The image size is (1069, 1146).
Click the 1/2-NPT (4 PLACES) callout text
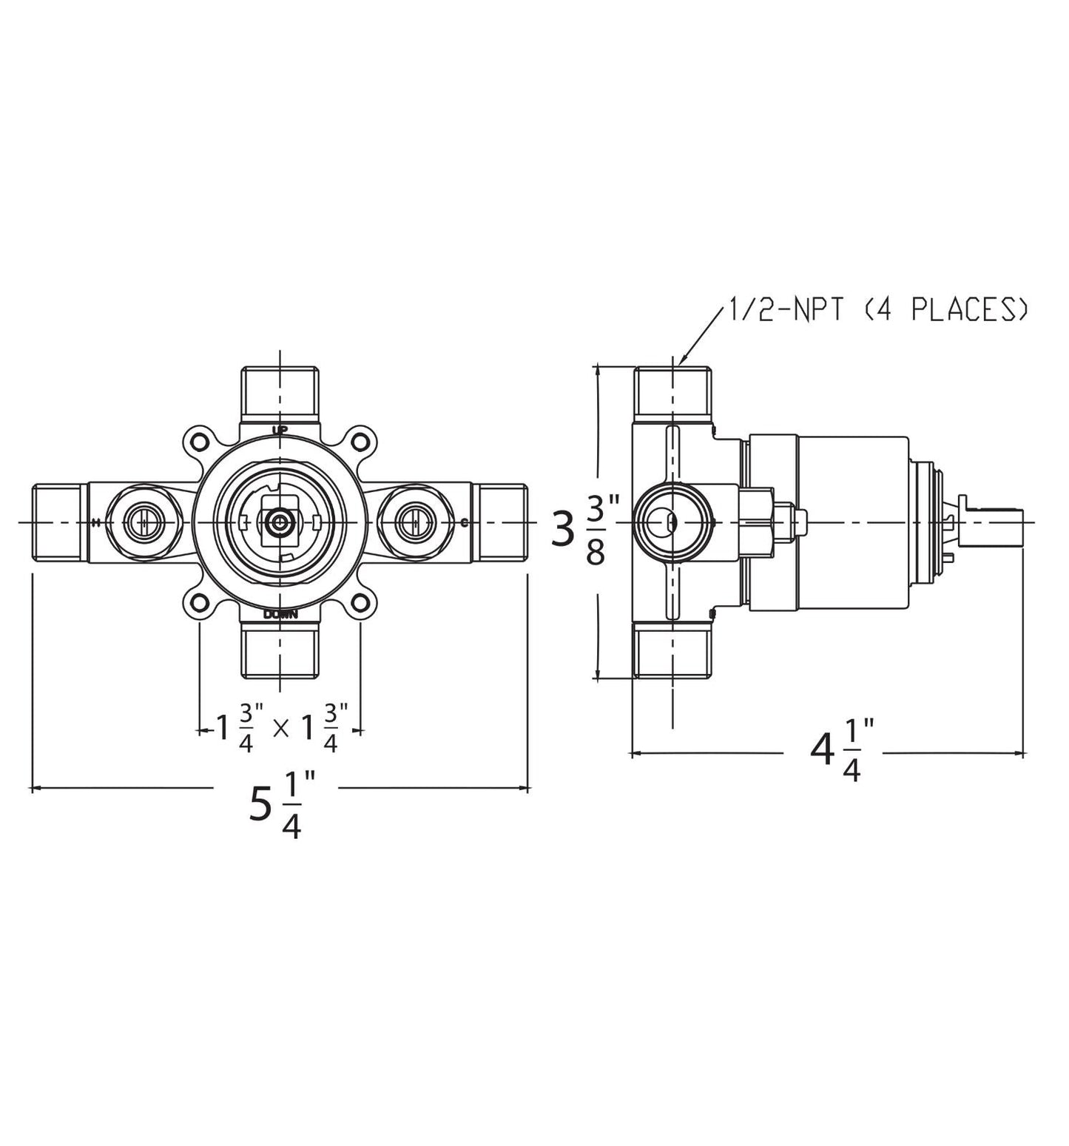click(876, 310)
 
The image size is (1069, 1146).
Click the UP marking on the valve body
click(280, 430)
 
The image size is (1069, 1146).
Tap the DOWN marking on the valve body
click(280, 613)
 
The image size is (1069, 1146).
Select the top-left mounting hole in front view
click(198, 442)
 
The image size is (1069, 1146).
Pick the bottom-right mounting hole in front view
click(360, 603)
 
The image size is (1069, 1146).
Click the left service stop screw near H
click(139, 522)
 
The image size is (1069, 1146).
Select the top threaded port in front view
click(280, 394)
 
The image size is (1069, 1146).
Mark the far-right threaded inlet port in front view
click(502, 522)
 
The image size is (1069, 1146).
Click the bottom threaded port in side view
click(672, 650)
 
